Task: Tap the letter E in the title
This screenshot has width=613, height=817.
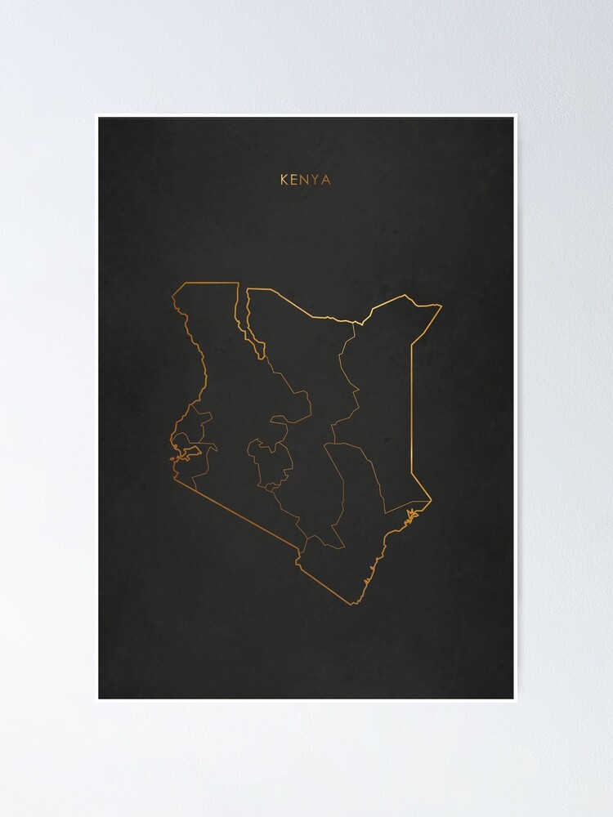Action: click(294, 180)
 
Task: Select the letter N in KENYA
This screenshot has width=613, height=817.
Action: click(305, 180)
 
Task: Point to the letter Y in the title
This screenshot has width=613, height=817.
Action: click(315, 180)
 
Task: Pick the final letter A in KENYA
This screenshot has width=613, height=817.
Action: click(326, 180)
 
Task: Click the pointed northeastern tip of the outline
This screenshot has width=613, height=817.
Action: click(441, 306)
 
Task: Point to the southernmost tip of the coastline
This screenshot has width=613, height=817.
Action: click(353, 604)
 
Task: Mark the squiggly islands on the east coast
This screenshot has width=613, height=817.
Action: click(411, 514)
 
